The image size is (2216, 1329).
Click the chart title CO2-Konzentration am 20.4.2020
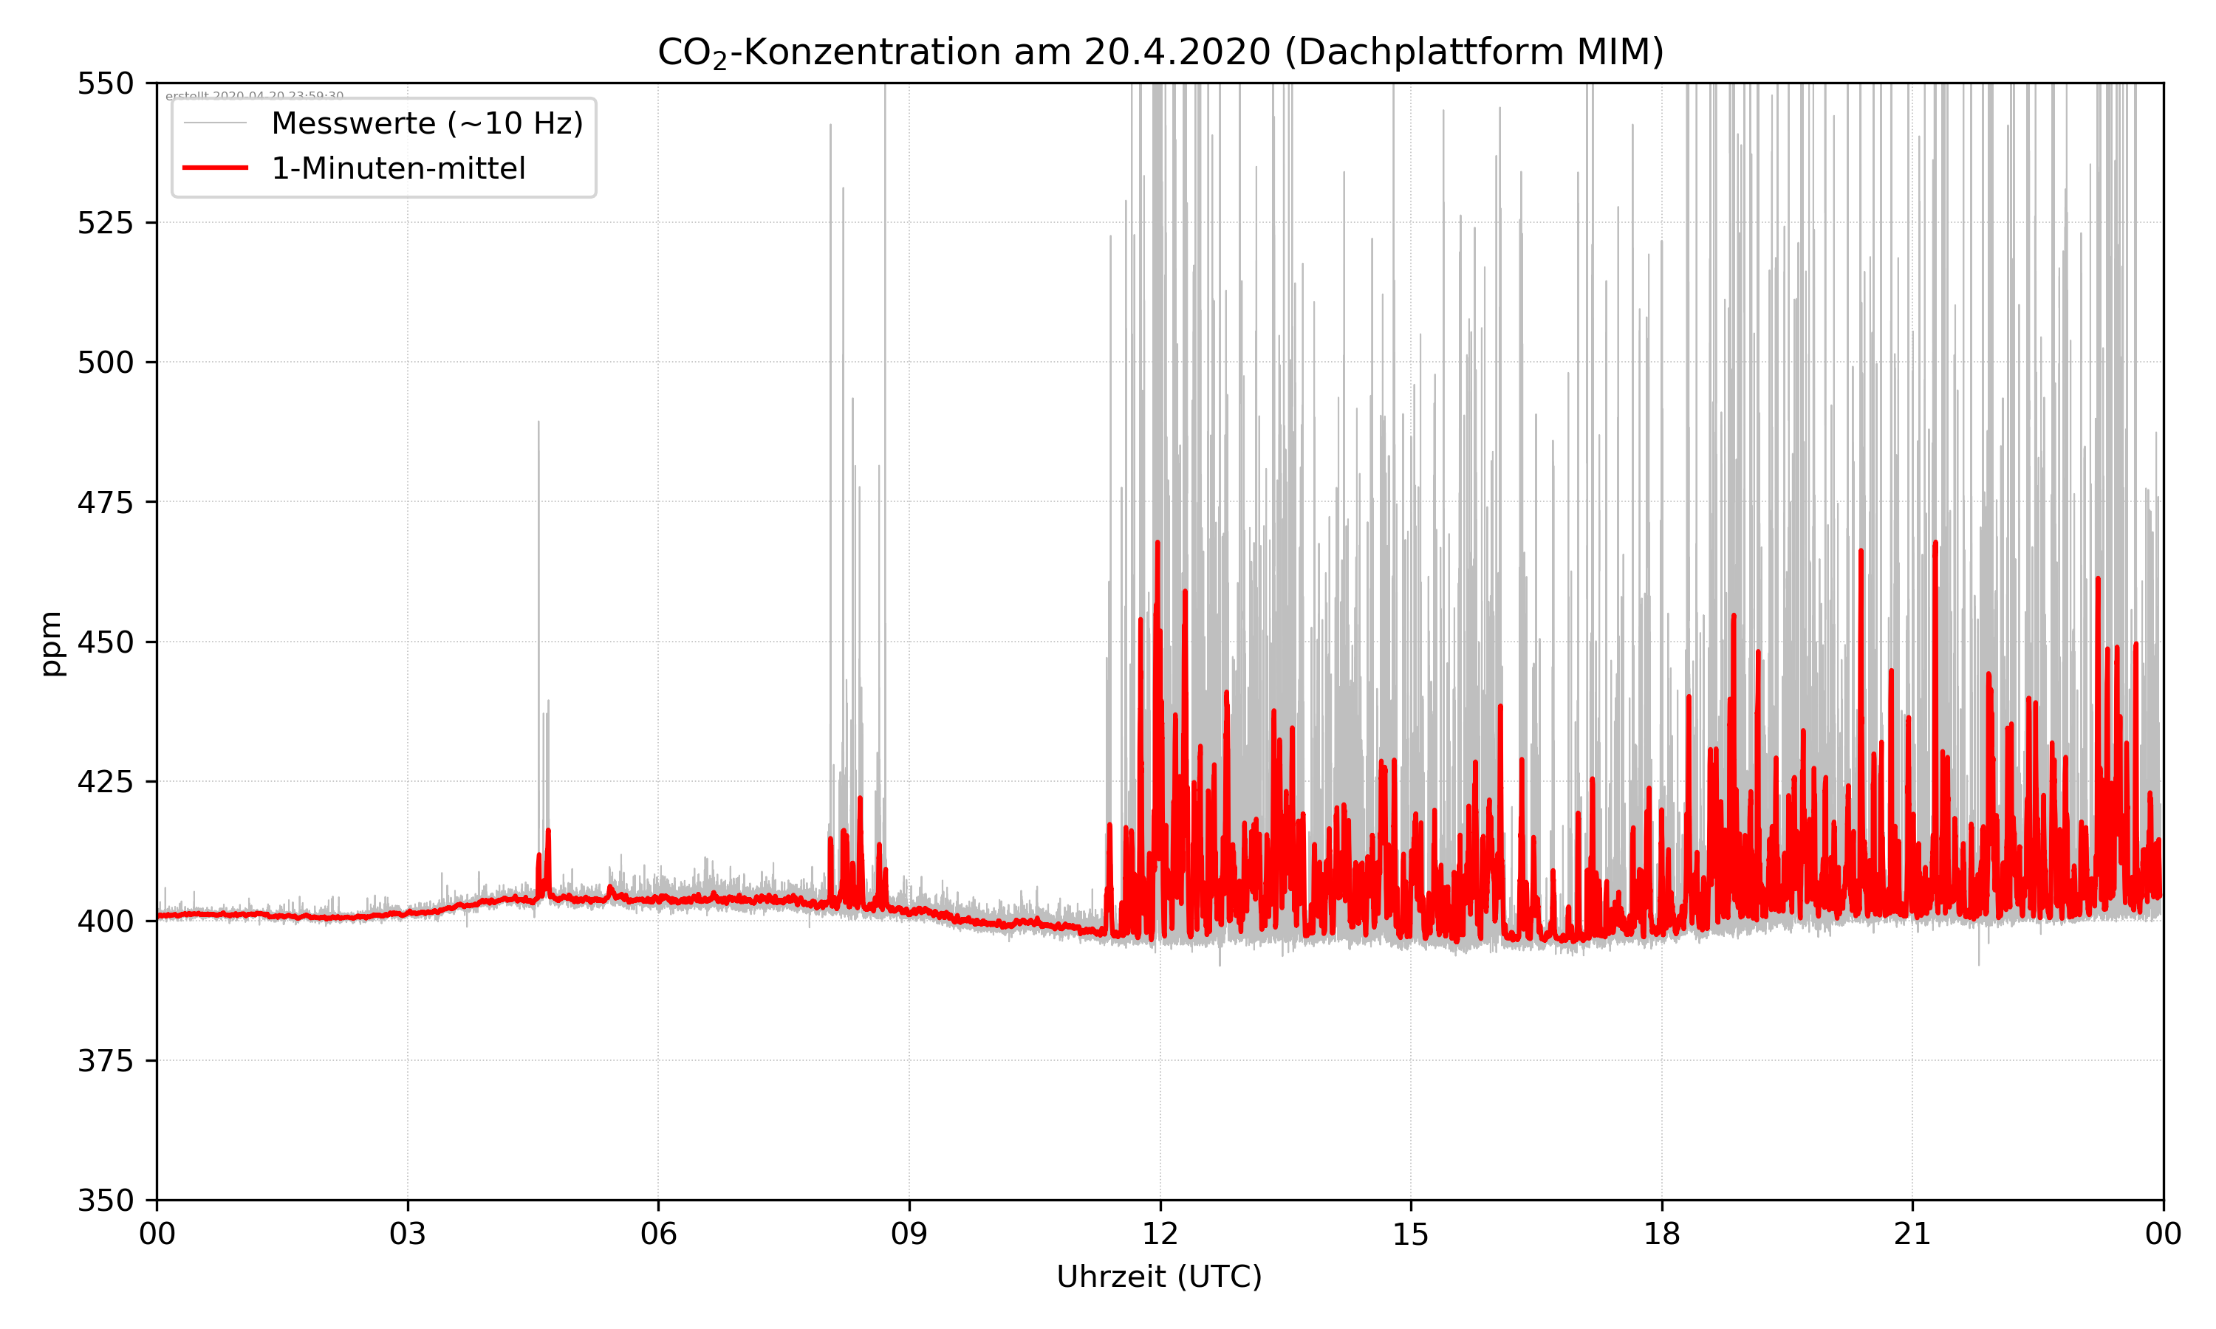1160,52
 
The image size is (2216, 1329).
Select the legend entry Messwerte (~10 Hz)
426,123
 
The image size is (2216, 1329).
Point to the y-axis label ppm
51,643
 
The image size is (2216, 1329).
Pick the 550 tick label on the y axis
105,83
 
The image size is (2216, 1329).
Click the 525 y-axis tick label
105,223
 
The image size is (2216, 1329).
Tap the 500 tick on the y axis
105,363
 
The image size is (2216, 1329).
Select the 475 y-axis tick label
105,502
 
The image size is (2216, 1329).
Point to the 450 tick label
105,642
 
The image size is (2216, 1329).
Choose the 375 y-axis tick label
105,1061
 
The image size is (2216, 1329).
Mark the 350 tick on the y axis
105,1201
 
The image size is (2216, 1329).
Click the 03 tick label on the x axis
408,1234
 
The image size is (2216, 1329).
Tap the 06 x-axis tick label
658,1234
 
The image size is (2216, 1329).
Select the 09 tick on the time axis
909,1234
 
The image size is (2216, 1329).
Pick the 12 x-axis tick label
1160,1234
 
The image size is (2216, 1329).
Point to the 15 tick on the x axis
1411,1234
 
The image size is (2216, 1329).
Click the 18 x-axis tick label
1661,1234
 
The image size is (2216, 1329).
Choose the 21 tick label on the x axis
1912,1234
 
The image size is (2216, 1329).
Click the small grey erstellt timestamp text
254,95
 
